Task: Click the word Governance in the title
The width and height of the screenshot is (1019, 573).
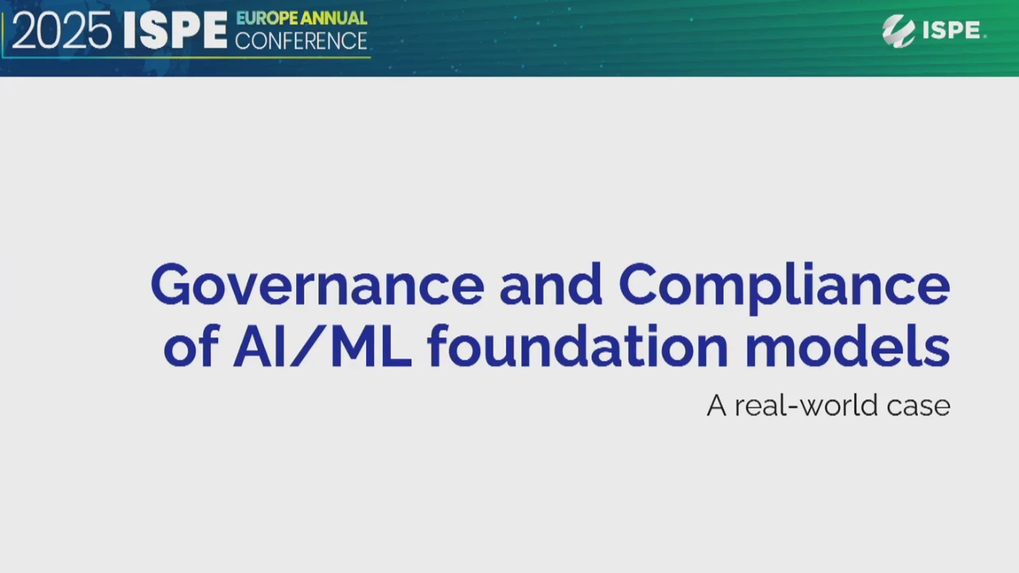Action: (318, 284)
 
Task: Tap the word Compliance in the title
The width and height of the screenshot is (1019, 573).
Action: (784, 287)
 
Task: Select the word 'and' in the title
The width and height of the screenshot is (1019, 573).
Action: (551, 284)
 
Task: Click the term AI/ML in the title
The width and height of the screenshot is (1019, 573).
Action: (322, 345)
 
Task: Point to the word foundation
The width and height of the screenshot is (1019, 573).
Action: (579, 345)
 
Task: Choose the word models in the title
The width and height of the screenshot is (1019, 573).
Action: (847, 345)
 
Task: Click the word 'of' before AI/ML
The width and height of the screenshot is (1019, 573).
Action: (191, 345)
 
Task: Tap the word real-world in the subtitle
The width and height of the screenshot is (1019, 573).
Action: (806, 405)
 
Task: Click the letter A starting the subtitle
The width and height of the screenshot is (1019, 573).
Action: (716, 405)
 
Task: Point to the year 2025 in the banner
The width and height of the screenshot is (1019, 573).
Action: (61, 31)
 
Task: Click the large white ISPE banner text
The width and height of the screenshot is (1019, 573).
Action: (175, 30)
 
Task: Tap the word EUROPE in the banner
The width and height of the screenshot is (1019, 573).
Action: (267, 18)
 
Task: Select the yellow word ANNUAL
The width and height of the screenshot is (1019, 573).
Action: (334, 18)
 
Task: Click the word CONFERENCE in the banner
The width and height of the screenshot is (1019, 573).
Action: (301, 41)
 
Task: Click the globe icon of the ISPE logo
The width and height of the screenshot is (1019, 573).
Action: (898, 31)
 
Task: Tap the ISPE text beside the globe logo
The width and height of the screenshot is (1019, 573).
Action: (951, 30)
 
